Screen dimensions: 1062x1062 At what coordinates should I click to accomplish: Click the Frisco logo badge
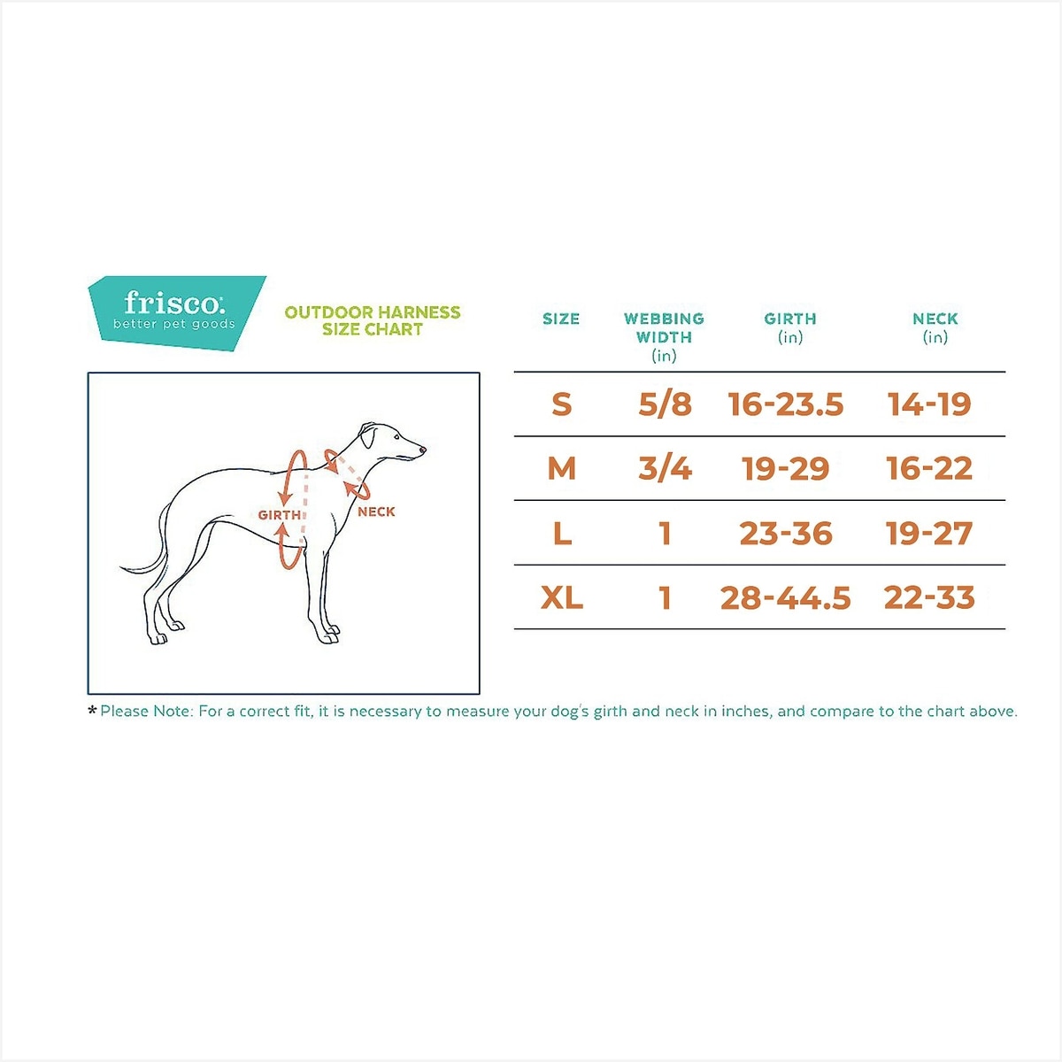point(176,312)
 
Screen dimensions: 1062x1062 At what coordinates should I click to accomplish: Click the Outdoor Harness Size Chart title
point(373,320)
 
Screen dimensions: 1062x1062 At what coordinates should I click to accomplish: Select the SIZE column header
point(561,319)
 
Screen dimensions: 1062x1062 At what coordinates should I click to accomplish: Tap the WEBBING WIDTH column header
point(664,336)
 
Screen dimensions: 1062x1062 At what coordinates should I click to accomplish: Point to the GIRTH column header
point(790,328)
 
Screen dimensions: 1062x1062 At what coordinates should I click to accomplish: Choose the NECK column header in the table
point(935,328)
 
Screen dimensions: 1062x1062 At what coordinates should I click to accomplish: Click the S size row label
point(562,404)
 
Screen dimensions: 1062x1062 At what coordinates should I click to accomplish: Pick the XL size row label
point(562,597)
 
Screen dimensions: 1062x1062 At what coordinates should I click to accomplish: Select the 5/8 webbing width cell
point(665,404)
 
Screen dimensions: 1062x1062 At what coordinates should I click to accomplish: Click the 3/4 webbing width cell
point(665,468)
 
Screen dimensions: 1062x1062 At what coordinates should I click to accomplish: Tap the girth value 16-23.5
point(786,404)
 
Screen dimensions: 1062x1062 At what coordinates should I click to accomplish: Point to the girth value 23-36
point(786,533)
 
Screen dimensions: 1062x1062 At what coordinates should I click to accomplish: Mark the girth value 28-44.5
point(786,597)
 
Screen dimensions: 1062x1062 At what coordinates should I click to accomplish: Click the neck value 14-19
point(930,404)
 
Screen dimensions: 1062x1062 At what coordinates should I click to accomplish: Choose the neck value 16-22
point(930,468)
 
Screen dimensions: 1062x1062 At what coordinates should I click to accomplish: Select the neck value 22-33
point(930,597)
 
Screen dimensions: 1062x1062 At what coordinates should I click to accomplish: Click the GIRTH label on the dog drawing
point(280,515)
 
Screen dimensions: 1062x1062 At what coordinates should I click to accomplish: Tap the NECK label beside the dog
point(376,512)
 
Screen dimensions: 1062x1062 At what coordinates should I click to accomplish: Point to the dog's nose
point(423,450)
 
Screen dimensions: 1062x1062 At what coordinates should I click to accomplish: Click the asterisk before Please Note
point(92,711)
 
